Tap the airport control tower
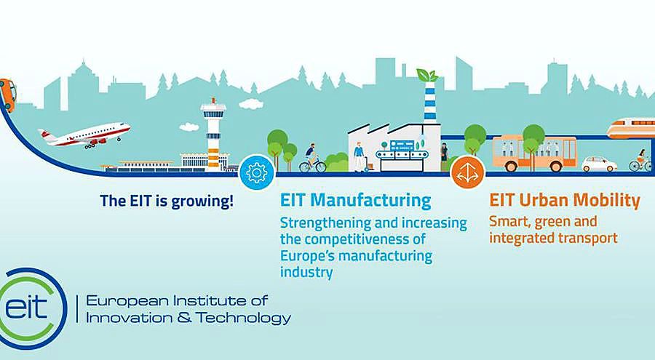(x=213, y=135)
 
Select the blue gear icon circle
(x=256, y=172)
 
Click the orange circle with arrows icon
(x=467, y=172)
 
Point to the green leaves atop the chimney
(x=428, y=76)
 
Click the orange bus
(x=534, y=153)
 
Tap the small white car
(x=599, y=164)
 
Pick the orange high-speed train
(x=631, y=128)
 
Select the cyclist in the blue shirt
(x=312, y=159)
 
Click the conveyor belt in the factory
(x=402, y=155)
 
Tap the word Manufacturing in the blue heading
(x=371, y=201)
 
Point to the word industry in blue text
(x=306, y=272)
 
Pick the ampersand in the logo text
(x=184, y=318)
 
